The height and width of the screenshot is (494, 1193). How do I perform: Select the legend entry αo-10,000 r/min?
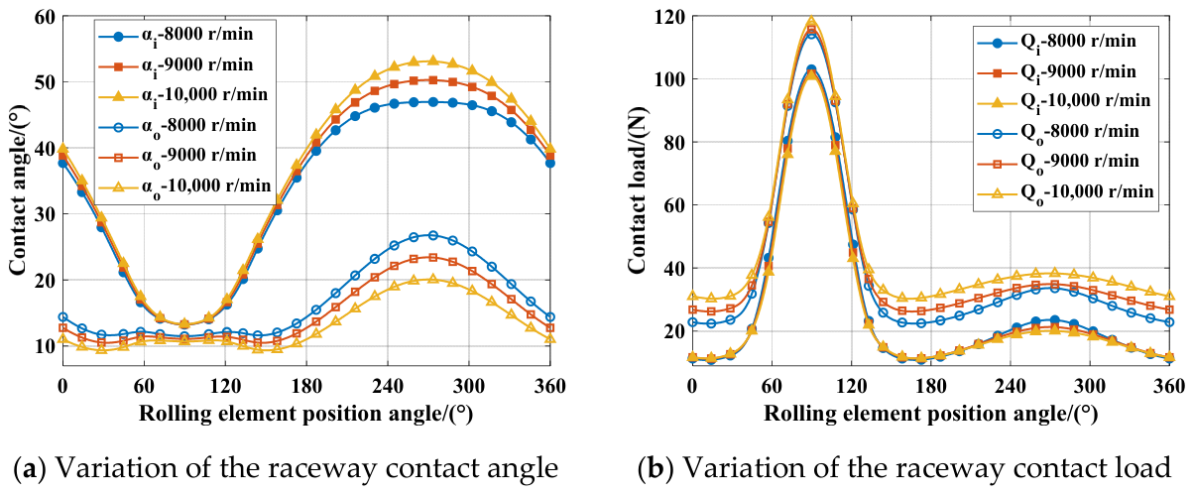click(x=184, y=186)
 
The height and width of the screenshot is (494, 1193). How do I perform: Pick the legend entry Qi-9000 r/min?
click(x=1057, y=72)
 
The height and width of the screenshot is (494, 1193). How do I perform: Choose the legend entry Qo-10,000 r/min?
click(x=1066, y=191)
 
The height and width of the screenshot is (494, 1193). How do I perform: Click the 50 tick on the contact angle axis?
click(x=45, y=82)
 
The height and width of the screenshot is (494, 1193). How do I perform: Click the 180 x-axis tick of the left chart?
click(x=306, y=385)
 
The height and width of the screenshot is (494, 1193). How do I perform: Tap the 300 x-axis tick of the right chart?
click(x=1089, y=385)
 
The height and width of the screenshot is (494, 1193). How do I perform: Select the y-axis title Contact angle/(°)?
click(x=18, y=190)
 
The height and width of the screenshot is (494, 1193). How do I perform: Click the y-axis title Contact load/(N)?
click(x=637, y=191)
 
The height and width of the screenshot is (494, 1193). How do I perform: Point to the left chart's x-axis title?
click(x=306, y=414)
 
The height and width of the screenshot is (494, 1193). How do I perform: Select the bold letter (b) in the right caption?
click(x=656, y=467)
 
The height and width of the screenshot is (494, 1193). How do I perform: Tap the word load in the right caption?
click(x=1144, y=467)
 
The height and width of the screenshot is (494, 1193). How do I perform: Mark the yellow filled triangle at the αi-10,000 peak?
click(x=432, y=61)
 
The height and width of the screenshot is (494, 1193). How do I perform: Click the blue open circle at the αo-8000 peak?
click(x=433, y=235)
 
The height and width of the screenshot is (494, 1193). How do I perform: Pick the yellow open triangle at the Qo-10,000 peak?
click(x=1053, y=273)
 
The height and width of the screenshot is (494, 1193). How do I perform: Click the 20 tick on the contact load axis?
click(x=673, y=331)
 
